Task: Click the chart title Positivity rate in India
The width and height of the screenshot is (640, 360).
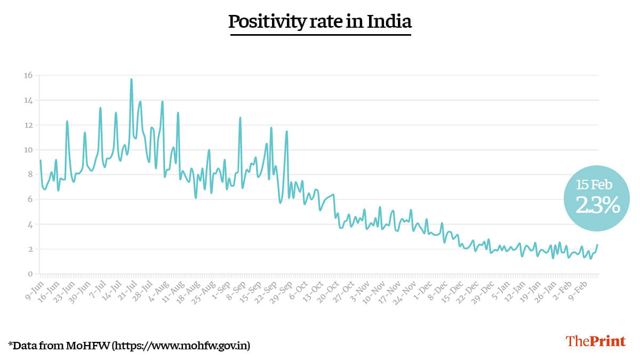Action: pyautogui.click(x=320, y=22)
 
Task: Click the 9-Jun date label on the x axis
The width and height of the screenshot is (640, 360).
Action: pyautogui.click(x=34, y=287)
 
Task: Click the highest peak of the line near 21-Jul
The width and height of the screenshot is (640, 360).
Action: pyautogui.click(x=131, y=79)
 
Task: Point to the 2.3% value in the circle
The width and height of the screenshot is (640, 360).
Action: pyautogui.click(x=597, y=205)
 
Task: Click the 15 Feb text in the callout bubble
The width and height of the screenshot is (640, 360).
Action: pyautogui.click(x=594, y=185)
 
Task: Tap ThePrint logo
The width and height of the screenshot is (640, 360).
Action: pyautogui.click(x=595, y=341)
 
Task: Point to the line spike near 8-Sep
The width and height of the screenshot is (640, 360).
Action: pyautogui.click(x=240, y=118)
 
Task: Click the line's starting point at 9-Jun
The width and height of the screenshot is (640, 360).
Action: pyautogui.click(x=40, y=161)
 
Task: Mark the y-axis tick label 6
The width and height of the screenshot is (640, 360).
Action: pyautogui.click(x=29, y=199)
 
